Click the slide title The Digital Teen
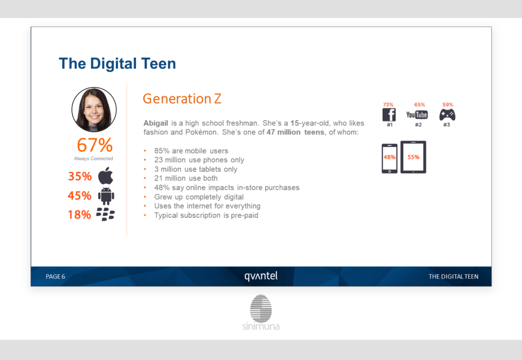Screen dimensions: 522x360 pos(117,63)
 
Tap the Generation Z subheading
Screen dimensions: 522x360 pos(182,98)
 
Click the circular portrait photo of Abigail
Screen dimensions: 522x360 pos(94,110)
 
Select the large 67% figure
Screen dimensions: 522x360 pos(95,145)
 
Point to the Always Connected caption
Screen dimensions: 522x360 pos(94,159)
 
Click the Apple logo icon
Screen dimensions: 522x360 pos(106,175)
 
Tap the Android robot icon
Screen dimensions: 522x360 pos(106,196)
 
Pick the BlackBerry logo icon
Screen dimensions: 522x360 pos(105,214)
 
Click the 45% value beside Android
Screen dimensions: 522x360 pos(80,195)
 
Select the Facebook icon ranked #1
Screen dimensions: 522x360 pos(389,115)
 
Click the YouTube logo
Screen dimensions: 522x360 pos(417,115)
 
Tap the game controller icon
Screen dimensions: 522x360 pos(448,115)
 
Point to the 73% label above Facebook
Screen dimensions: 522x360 pos(388,105)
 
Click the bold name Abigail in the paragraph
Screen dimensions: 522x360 pos(156,123)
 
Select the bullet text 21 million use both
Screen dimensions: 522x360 pos(186,178)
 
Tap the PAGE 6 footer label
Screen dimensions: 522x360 pos(55,276)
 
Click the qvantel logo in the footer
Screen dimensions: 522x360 pos(261,276)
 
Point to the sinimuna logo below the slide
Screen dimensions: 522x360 pos(261,313)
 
